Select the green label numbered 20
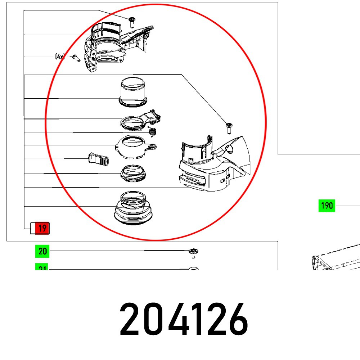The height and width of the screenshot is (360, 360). (x=42, y=251)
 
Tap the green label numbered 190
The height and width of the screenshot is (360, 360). (x=327, y=206)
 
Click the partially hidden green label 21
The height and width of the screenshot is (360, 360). (x=42, y=267)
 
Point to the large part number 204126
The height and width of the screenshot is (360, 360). (x=184, y=319)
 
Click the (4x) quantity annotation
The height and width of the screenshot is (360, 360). (x=60, y=57)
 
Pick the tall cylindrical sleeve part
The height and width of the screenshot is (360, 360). (x=133, y=92)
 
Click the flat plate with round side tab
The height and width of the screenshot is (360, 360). (x=133, y=147)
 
